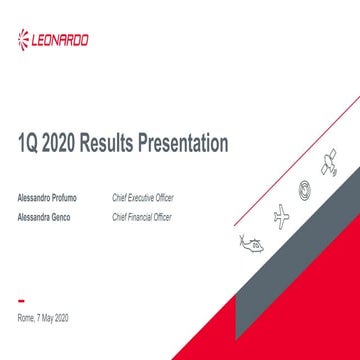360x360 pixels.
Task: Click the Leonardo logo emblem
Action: pyautogui.click(x=24, y=40)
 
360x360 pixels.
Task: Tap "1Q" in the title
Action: pyautogui.click(x=30, y=143)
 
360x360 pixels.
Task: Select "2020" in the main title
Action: pyautogui.click(x=68, y=143)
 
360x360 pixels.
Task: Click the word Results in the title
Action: pyautogui.click(x=123, y=143)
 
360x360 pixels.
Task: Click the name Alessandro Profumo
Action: pyautogui.click(x=48, y=198)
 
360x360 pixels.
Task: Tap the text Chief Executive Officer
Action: pyautogui.click(x=143, y=198)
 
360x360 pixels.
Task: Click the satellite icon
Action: pyautogui.click(x=328, y=161)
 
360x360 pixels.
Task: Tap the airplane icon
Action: pyautogui.click(x=284, y=215)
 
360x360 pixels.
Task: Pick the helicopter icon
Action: pyautogui.click(x=251, y=242)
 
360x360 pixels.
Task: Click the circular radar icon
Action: pyautogui.click(x=304, y=189)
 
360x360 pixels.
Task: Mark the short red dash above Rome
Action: pyautogui.click(x=22, y=298)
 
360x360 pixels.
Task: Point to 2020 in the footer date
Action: pyautogui.click(x=63, y=318)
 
